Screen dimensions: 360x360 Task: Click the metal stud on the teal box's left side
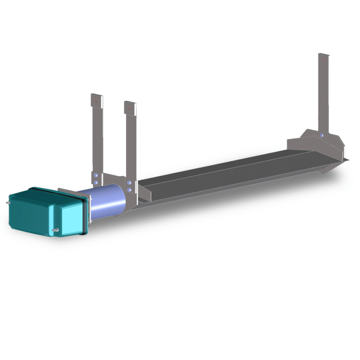pyautogui.click(x=9, y=202)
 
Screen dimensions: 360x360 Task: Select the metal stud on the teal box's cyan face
pyautogui.click(x=56, y=232)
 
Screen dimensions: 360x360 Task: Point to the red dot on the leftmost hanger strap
pyautogui.click(x=96, y=102)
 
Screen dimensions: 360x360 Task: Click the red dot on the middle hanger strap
pyautogui.click(x=129, y=109)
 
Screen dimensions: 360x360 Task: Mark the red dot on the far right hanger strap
pyautogui.click(x=322, y=61)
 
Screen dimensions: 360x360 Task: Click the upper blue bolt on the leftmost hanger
pyautogui.click(x=95, y=175)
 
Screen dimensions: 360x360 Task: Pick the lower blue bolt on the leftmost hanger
pyautogui.click(x=95, y=182)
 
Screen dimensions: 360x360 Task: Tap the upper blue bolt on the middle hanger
pyautogui.click(x=130, y=183)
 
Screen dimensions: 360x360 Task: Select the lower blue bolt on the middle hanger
pyautogui.click(x=130, y=190)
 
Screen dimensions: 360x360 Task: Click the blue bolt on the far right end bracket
pyautogui.click(x=321, y=135)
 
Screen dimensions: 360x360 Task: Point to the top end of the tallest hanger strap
pyautogui.click(x=324, y=55)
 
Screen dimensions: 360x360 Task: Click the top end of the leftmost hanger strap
pyautogui.click(x=96, y=95)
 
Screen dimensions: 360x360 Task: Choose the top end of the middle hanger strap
pyautogui.click(x=130, y=103)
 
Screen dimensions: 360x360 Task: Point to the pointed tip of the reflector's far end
pyautogui.click(x=347, y=158)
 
